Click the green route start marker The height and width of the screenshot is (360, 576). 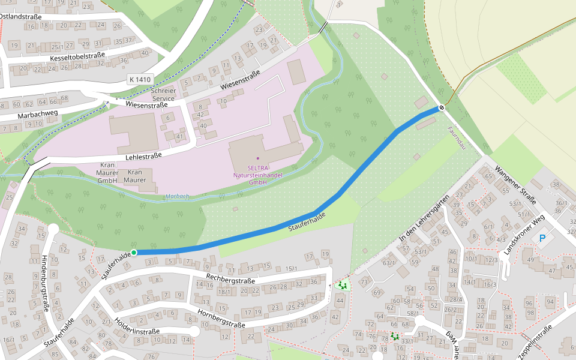tap(134, 253)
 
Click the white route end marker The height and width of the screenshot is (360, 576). tap(442, 107)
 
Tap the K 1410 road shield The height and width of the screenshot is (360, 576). tap(140, 79)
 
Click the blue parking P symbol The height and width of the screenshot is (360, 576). tap(542, 239)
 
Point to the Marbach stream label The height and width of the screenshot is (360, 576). tap(178, 196)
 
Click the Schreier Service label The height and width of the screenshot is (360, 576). tap(164, 94)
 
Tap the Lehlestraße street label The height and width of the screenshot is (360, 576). tap(143, 157)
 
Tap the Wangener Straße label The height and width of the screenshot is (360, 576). tap(515, 183)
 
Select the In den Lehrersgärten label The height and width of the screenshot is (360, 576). tap(424, 219)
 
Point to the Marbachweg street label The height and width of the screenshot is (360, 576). tap(37, 113)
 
